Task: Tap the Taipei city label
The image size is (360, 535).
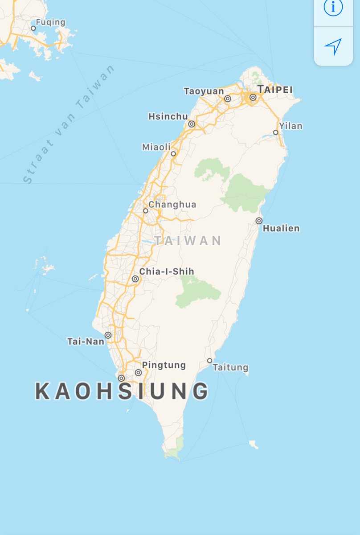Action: click(275, 89)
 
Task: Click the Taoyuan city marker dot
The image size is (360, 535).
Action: click(228, 99)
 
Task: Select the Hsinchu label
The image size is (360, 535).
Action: click(168, 116)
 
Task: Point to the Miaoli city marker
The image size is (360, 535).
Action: click(173, 154)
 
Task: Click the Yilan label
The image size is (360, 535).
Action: click(291, 126)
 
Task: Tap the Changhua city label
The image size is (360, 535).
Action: click(172, 205)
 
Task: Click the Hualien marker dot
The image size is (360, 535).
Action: click(259, 221)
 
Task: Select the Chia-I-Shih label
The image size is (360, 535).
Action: click(167, 272)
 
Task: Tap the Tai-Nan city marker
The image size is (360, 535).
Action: click(108, 335)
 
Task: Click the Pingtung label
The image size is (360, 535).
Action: click(164, 365)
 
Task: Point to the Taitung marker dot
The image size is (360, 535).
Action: click(209, 361)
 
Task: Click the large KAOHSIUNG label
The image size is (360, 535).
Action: click(122, 391)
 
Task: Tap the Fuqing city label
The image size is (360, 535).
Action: click(50, 22)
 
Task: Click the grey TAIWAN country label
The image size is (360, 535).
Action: click(188, 241)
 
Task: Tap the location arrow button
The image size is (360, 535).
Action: click(333, 46)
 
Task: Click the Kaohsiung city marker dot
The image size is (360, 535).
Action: click(121, 378)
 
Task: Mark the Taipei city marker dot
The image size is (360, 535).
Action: click(253, 97)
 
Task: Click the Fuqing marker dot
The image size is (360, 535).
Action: click(33, 28)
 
